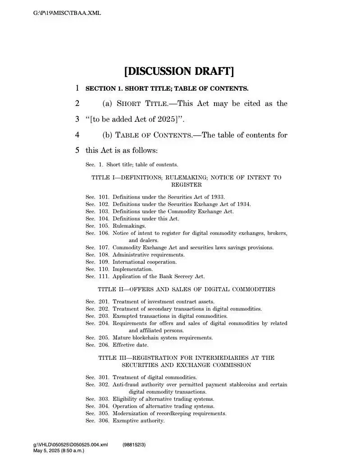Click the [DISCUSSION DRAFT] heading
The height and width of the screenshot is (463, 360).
(179, 71)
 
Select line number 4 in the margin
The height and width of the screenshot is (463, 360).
(77, 135)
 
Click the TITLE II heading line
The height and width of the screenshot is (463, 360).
(186, 289)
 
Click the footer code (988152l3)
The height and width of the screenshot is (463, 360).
(134, 445)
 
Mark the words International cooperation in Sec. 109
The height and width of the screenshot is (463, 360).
(145, 262)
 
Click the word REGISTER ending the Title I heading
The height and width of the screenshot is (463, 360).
(186, 185)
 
